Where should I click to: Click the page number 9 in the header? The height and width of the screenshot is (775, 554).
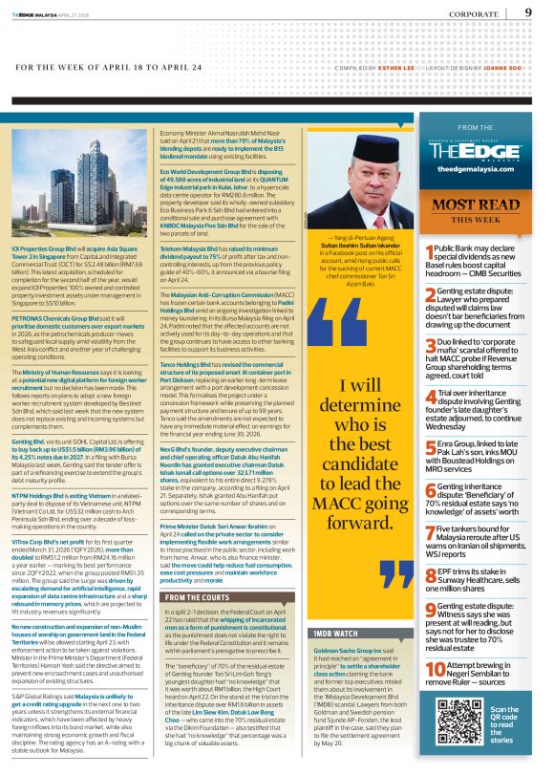pos(528,13)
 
